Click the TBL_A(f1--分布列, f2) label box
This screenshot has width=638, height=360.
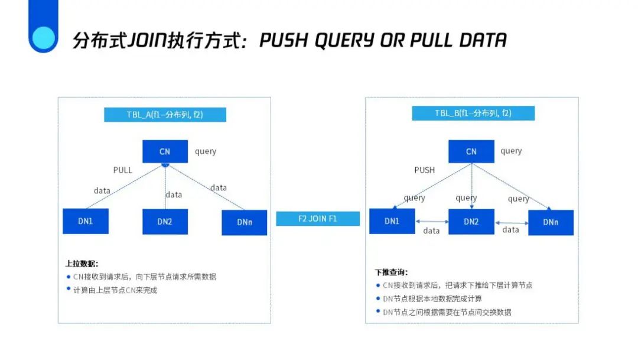[x=165, y=115]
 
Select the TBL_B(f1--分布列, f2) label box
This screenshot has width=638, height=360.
[x=473, y=113]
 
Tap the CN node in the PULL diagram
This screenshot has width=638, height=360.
[x=165, y=151]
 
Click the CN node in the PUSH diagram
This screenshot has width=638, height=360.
[x=471, y=151]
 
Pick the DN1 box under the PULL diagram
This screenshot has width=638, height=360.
[x=86, y=221]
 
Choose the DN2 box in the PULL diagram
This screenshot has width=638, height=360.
[x=165, y=222]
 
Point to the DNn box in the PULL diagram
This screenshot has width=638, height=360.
[x=244, y=223]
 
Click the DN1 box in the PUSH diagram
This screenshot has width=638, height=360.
[x=392, y=221]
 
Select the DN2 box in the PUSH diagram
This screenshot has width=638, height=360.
[x=471, y=222]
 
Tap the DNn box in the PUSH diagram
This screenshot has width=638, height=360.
[x=551, y=222]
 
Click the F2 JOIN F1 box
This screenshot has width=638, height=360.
[x=318, y=218]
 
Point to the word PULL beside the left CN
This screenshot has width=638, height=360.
[x=123, y=170]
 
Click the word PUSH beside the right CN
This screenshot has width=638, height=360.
[x=424, y=170]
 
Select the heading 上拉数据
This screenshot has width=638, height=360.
[x=82, y=264]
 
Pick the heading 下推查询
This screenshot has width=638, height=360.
[x=391, y=273]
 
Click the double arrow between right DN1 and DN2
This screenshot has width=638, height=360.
[x=431, y=221]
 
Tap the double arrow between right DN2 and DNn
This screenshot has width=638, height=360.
[x=511, y=222]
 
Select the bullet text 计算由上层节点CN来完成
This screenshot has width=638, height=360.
[x=115, y=290]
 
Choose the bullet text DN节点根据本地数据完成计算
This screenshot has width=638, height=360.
[x=432, y=299]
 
